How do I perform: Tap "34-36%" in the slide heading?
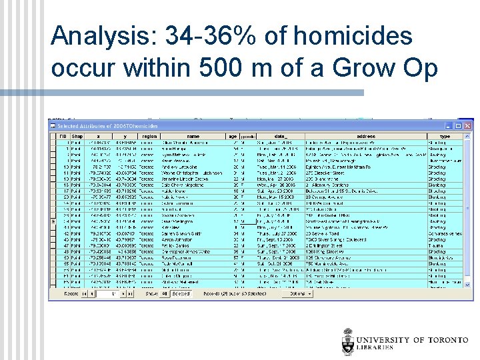195,37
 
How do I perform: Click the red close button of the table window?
468,125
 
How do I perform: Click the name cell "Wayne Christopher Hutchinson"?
193,173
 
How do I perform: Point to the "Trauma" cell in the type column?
436,245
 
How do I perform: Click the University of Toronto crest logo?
348,341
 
